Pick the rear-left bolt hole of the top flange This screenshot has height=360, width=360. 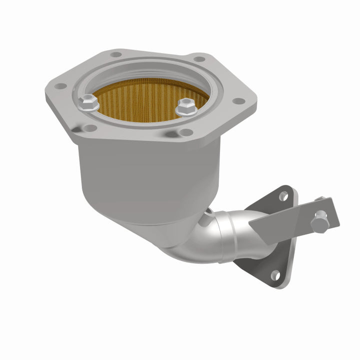115,54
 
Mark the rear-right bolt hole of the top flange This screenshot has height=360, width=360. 199,59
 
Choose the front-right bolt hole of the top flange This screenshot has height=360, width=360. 185,132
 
